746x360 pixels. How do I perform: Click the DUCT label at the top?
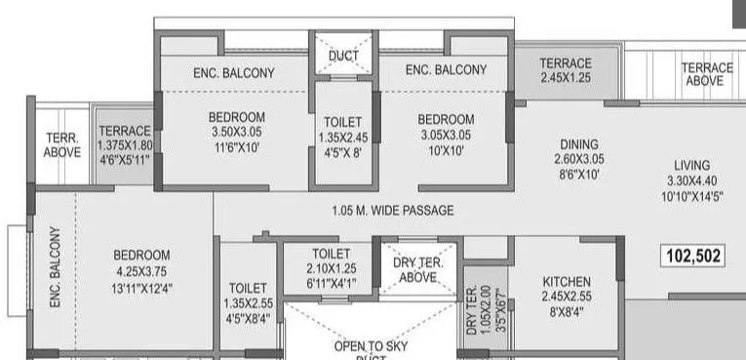[343, 57]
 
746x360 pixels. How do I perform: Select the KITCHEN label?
[566, 282]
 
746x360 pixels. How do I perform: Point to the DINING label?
[578, 142]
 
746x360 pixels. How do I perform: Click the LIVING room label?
[691, 165]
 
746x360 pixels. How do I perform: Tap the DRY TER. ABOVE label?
[418, 269]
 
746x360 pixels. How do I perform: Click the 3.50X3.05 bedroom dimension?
[237, 133]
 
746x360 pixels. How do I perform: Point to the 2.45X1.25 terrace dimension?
[566, 78]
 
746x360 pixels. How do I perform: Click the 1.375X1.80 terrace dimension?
[125, 145]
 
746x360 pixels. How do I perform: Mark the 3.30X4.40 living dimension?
[691, 180]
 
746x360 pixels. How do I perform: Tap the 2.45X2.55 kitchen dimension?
[566, 297]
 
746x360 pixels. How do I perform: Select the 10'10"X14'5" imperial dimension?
[691, 196]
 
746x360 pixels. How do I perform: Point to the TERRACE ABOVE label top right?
[707, 74]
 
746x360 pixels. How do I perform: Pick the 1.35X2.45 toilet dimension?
[343, 138]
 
